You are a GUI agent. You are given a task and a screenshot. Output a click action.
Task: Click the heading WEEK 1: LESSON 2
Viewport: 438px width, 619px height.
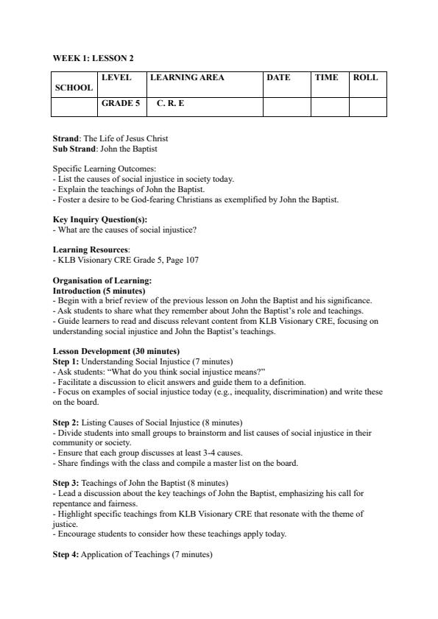pos(93,58)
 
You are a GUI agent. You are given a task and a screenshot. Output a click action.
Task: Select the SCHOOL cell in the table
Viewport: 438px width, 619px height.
pos(74,88)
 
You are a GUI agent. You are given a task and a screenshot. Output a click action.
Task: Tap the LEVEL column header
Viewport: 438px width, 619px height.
pos(116,77)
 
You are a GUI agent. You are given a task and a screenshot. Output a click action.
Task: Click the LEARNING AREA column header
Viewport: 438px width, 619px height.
pos(187,77)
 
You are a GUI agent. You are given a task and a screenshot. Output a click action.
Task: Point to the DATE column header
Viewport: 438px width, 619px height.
pos(278,77)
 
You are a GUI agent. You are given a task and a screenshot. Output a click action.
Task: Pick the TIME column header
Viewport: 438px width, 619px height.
pos(327,77)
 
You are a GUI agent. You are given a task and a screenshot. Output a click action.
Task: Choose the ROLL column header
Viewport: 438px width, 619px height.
pos(366,77)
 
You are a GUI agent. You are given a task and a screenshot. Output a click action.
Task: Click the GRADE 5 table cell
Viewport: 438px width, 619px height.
pos(121,104)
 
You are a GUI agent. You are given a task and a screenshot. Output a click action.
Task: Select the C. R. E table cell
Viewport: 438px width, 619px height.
pos(171,104)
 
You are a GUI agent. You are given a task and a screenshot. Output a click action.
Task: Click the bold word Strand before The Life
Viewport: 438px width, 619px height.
pos(66,138)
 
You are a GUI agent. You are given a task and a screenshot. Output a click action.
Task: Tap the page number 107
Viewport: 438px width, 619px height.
pos(192,260)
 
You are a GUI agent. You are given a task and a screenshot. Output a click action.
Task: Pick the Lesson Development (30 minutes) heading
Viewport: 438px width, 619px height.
pos(116,351)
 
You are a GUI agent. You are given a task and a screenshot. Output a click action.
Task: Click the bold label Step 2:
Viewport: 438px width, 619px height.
pos(66,422)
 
